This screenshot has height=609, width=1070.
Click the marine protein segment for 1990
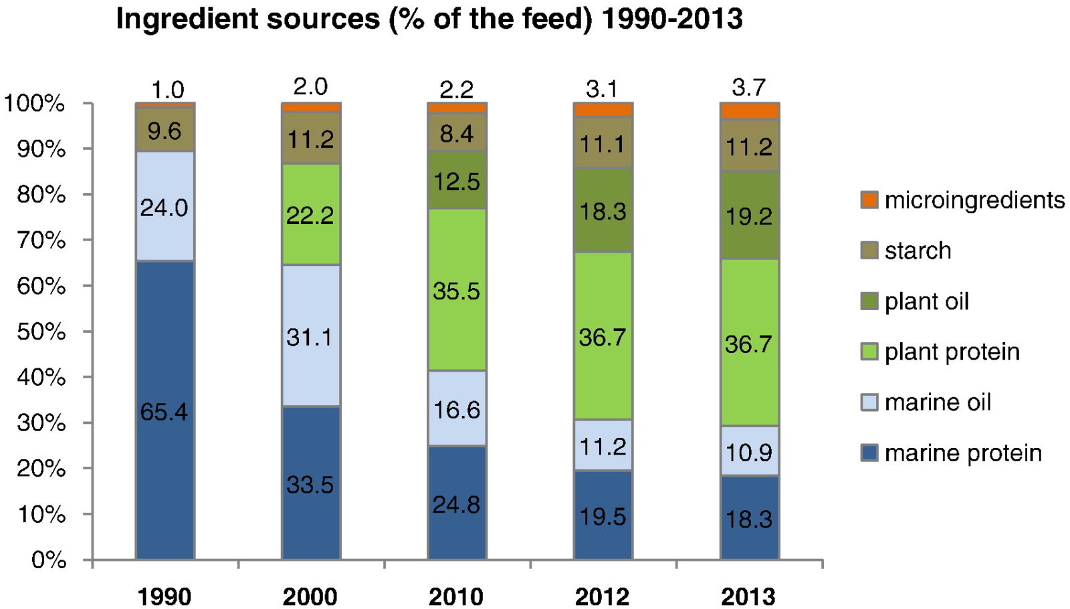click(x=165, y=410)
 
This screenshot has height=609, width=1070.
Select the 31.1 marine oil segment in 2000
click(x=310, y=336)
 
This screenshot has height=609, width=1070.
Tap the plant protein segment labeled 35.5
click(x=456, y=289)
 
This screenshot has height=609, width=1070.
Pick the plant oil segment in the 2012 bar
click(x=603, y=210)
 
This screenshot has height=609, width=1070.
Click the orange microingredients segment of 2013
click(x=749, y=111)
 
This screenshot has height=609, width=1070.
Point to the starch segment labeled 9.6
click(x=165, y=130)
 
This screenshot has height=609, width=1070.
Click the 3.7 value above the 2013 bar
click(x=748, y=87)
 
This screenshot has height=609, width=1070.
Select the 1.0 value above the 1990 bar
click(x=167, y=90)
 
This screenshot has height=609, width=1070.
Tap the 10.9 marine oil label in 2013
click(x=749, y=452)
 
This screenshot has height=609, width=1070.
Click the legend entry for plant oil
click(x=926, y=301)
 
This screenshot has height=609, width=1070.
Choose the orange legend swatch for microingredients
click(x=869, y=200)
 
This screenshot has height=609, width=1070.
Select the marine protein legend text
click(x=963, y=453)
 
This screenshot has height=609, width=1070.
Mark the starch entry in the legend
click(x=918, y=251)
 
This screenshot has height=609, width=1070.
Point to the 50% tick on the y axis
click(x=41, y=332)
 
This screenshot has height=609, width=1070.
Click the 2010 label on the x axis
click(x=456, y=596)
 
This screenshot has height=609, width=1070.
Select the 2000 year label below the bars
click(x=310, y=596)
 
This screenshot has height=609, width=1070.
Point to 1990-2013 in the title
click(x=671, y=19)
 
